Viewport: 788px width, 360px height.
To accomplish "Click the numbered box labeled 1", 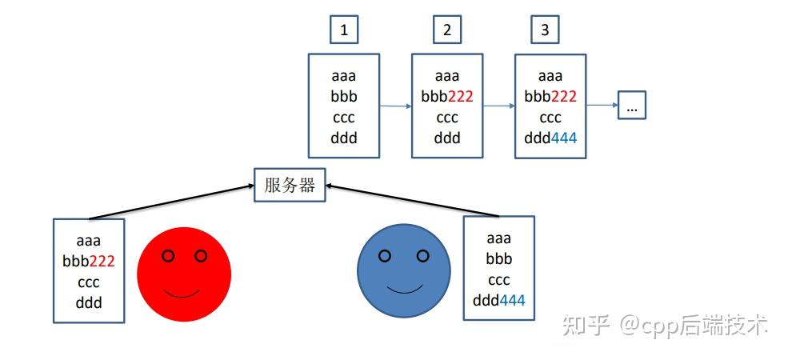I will tap(344, 30).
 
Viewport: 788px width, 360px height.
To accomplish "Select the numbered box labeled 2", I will tap(447, 30).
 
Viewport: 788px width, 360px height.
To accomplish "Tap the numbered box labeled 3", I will tap(545, 30).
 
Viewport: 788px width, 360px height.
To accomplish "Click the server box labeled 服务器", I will tap(290, 186).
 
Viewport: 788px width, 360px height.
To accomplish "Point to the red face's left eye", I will tap(168, 256).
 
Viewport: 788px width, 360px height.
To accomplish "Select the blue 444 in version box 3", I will tap(563, 138).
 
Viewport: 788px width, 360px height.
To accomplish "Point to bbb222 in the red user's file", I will tap(89, 260).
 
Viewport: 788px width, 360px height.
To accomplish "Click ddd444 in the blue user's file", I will tap(499, 301).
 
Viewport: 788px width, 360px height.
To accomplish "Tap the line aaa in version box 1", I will tap(344, 77).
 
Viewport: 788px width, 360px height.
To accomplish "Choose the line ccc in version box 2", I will tap(447, 118).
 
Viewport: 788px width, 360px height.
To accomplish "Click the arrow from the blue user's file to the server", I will tap(408, 201).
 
